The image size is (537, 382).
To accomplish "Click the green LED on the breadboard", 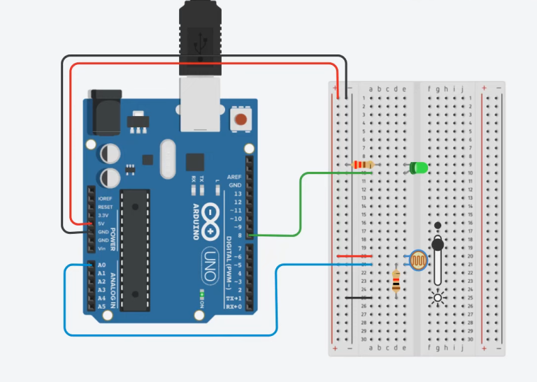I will pyautogui.click(x=418, y=168).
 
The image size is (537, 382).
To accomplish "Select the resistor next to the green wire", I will pyautogui.click(x=362, y=165).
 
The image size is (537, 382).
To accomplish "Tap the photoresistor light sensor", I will pyautogui.click(x=419, y=260).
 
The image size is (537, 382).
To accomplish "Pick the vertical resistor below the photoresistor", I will pyautogui.click(x=396, y=282).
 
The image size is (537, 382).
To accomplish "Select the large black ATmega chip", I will pyautogui.click(x=134, y=249).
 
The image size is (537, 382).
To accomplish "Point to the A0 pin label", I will pyautogui.click(x=101, y=265).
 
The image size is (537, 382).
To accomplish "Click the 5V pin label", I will pyautogui.click(x=102, y=224).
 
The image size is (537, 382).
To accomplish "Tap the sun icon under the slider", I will pyautogui.click(x=438, y=297).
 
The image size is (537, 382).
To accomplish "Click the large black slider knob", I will pyautogui.click(x=438, y=244).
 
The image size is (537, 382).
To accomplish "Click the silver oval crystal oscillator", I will pyautogui.click(x=168, y=159).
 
